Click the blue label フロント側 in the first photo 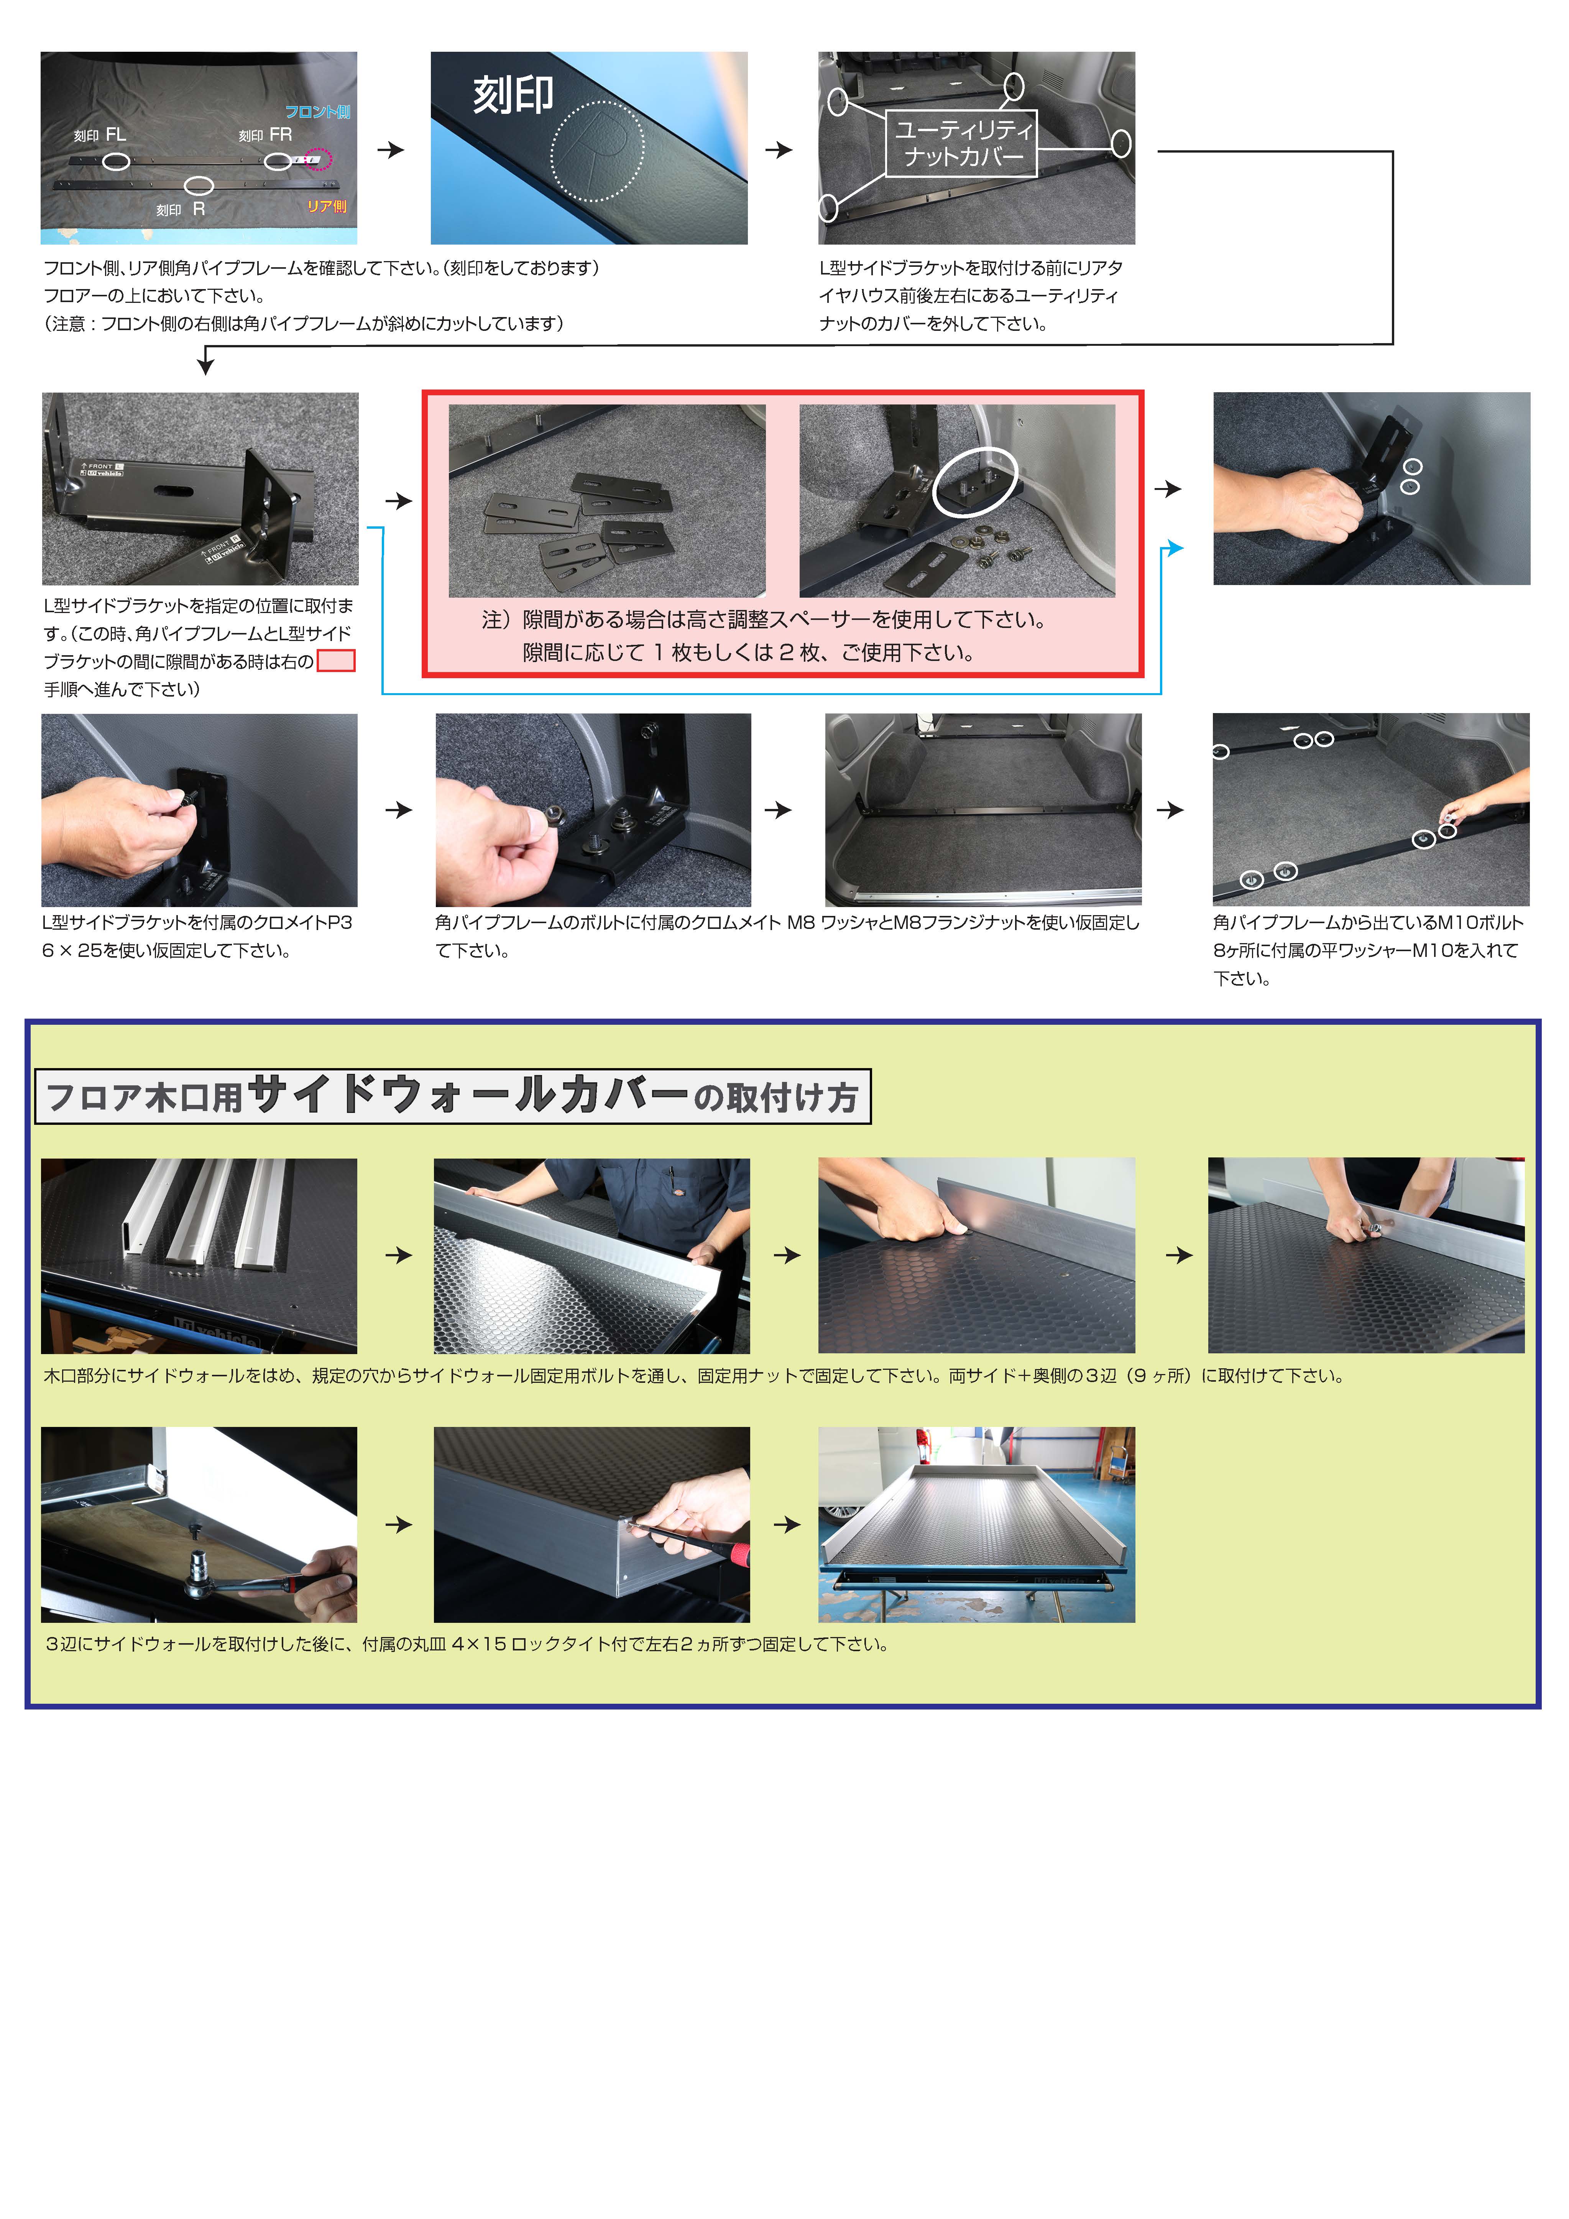317,112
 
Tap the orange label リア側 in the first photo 327,206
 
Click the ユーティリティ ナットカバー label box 961,143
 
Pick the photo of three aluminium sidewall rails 199,1256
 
